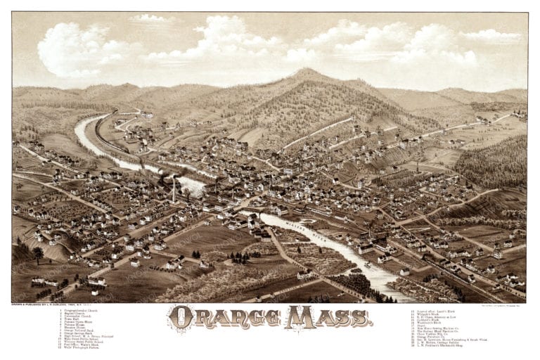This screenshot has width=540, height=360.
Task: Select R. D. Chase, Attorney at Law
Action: tap(440, 316)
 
